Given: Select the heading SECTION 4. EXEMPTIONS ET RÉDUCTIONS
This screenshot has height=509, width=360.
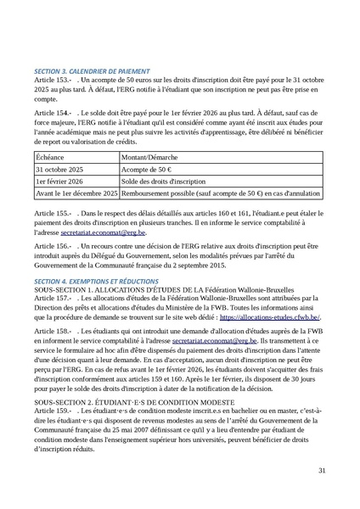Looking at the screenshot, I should (98, 281).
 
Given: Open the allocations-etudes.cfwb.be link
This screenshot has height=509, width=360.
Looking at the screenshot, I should (269, 316).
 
